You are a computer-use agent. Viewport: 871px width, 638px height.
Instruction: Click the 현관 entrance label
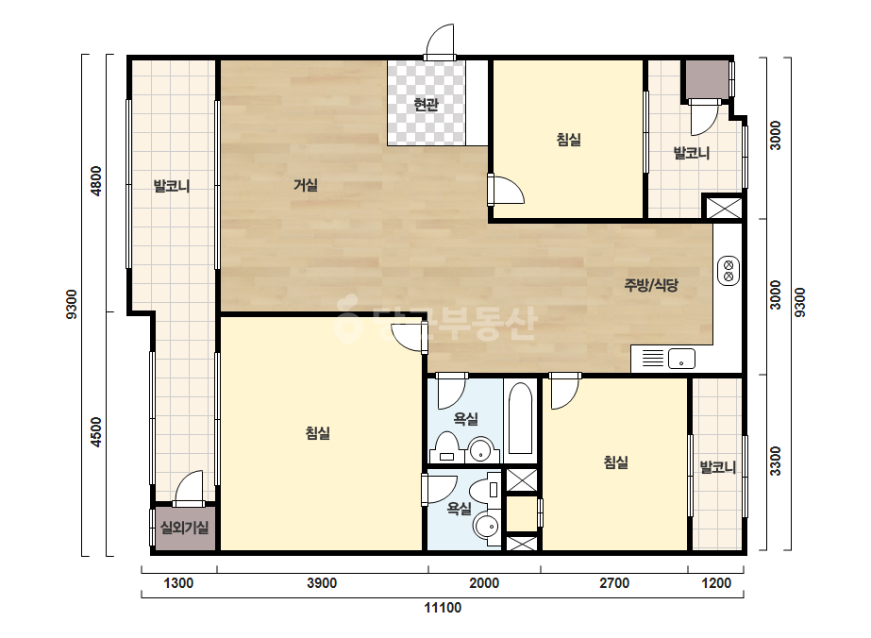click(426, 104)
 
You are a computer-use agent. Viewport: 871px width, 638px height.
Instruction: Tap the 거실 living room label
click(306, 184)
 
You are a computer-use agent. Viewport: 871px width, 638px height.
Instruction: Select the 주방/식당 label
click(651, 285)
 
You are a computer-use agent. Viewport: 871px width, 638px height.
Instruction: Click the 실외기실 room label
click(184, 527)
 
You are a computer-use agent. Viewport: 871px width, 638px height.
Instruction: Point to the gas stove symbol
click(729, 271)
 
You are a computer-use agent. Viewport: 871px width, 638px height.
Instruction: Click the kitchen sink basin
click(681, 359)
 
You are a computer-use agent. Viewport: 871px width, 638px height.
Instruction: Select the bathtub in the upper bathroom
click(521, 417)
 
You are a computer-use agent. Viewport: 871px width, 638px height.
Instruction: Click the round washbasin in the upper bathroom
click(480, 449)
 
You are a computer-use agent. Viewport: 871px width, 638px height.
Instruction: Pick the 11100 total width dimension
click(443, 608)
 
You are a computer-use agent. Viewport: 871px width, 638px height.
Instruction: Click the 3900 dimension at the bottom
click(322, 583)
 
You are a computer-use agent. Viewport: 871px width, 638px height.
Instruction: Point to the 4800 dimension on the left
click(96, 181)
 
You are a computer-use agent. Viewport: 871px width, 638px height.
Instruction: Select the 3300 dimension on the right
click(776, 462)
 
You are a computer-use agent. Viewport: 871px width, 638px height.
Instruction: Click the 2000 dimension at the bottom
click(484, 583)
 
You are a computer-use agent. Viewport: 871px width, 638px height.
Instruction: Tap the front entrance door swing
click(440, 42)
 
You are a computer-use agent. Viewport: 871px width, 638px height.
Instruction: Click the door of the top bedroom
click(506, 190)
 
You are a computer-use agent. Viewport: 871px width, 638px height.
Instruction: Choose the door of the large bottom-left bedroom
click(410, 339)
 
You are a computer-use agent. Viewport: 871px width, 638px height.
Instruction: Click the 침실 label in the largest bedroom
click(318, 432)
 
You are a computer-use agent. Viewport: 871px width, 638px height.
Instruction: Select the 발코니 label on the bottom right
click(718, 467)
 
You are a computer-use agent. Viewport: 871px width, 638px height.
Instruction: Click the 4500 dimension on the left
click(96, 432)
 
